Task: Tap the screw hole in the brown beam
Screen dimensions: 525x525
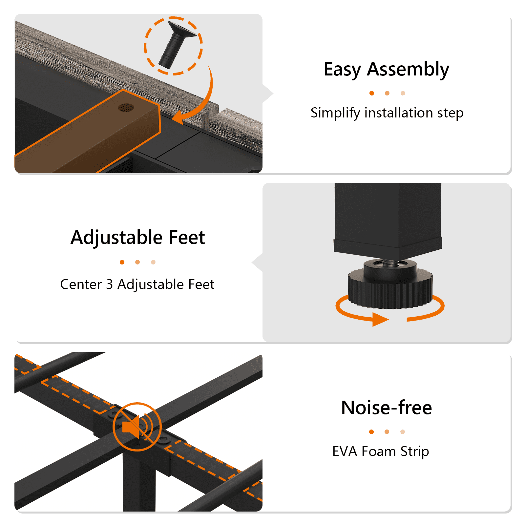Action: coord(126,107)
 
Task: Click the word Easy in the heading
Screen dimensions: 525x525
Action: coord(342,70)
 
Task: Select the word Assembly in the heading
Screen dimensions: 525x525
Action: coord(408,70)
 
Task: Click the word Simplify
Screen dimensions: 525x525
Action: coord(335,113)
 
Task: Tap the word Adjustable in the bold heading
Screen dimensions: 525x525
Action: coord(117,238)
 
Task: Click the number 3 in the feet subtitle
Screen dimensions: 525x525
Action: coord(109,284)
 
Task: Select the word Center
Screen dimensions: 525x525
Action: coord(81,284)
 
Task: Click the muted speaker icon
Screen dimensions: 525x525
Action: coord(137,427)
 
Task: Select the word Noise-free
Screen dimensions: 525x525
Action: coord(387,408)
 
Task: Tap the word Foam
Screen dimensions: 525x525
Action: coord(379,451)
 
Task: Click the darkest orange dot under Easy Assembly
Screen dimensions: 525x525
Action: coord(372,93)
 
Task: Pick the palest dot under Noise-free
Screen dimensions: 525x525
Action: coord(403,432)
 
